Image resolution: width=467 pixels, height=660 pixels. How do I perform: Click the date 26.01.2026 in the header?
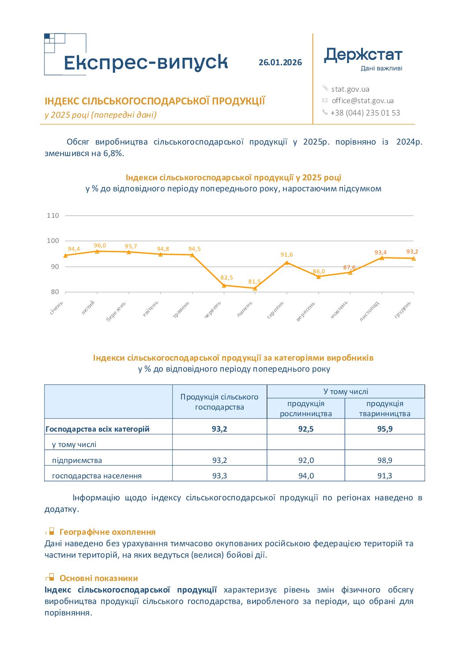click(280, 62)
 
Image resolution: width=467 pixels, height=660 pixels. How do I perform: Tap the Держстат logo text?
click(363, 55)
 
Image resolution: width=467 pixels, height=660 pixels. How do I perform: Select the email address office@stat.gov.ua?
click(362, 101)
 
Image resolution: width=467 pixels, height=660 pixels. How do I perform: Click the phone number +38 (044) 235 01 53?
click(365, 112)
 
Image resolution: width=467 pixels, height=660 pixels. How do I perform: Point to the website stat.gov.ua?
click(350, 89)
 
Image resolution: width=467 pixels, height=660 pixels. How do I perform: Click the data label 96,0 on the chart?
click(100, 246)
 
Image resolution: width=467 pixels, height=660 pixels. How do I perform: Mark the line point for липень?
click(255, 288)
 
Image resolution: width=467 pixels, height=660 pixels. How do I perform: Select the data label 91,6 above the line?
click(286, 254)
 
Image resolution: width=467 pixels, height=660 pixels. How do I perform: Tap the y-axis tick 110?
click(53, 216)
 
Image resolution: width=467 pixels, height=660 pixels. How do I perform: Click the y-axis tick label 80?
click(55, 292)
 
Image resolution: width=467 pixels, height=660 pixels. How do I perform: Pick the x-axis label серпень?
click(275, 309)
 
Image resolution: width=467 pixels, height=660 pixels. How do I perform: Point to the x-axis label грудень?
click(403, 309)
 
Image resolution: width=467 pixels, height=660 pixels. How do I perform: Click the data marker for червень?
click(224, 285)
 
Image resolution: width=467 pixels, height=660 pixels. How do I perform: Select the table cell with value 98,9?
click(385, 460)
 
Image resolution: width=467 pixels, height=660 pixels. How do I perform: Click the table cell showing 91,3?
click(385, 476)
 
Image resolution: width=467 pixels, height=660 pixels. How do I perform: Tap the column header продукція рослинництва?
click(305, 408)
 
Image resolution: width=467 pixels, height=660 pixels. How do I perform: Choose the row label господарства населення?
click(97, 476)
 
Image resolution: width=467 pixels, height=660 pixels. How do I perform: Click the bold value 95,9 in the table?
click(385, 429)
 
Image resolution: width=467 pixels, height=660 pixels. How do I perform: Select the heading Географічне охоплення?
click(107, 532)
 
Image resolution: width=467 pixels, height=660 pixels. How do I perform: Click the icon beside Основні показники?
click(50, 577)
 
